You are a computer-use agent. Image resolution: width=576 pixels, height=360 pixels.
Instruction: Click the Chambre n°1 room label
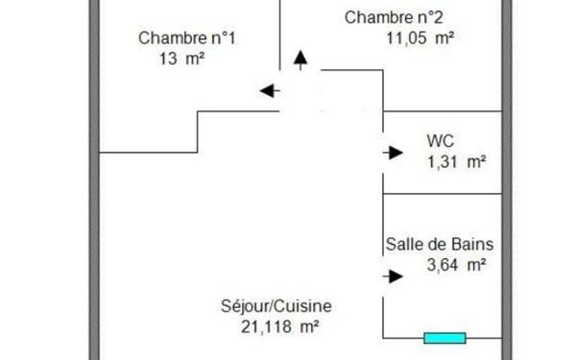[x=187, y=38]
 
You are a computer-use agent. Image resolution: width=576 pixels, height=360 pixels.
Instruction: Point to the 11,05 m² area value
[x=420, y=38]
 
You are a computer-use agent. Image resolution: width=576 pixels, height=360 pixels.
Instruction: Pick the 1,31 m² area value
[x=456, y=161]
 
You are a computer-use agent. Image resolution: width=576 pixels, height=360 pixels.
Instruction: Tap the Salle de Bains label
[x=440, y=244]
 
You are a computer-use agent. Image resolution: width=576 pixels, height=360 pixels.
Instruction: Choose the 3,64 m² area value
[x=456, y=265]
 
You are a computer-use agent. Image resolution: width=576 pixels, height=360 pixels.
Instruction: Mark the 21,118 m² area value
[x=280, y=326]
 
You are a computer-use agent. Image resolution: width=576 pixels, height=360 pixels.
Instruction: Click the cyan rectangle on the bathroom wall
[x=444, y=338]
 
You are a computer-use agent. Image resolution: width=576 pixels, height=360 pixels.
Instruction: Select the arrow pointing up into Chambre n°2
[x=301, y=60]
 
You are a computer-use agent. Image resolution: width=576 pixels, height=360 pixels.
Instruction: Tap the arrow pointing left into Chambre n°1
[x=269, y=91]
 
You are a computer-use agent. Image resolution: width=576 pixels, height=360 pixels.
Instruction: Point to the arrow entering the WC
[x=393, y=152]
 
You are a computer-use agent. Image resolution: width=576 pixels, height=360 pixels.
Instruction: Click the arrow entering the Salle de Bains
[x=393, y=277]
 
